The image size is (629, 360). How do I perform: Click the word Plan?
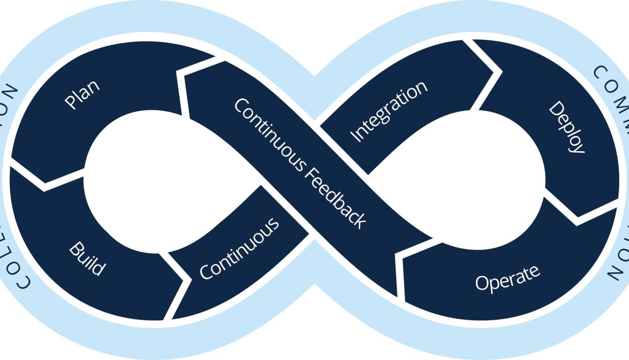pyautogui.click(x=82, y=94)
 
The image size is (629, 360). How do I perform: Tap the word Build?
pyautogui.click(x=88, y=259)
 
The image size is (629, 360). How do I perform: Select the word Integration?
pyautogui.click(x=388, y=111)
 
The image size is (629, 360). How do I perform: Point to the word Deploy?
pyautogui.click(x=567, y=127)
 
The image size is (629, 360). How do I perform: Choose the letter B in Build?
pyautogui.click(x=75, y=247)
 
